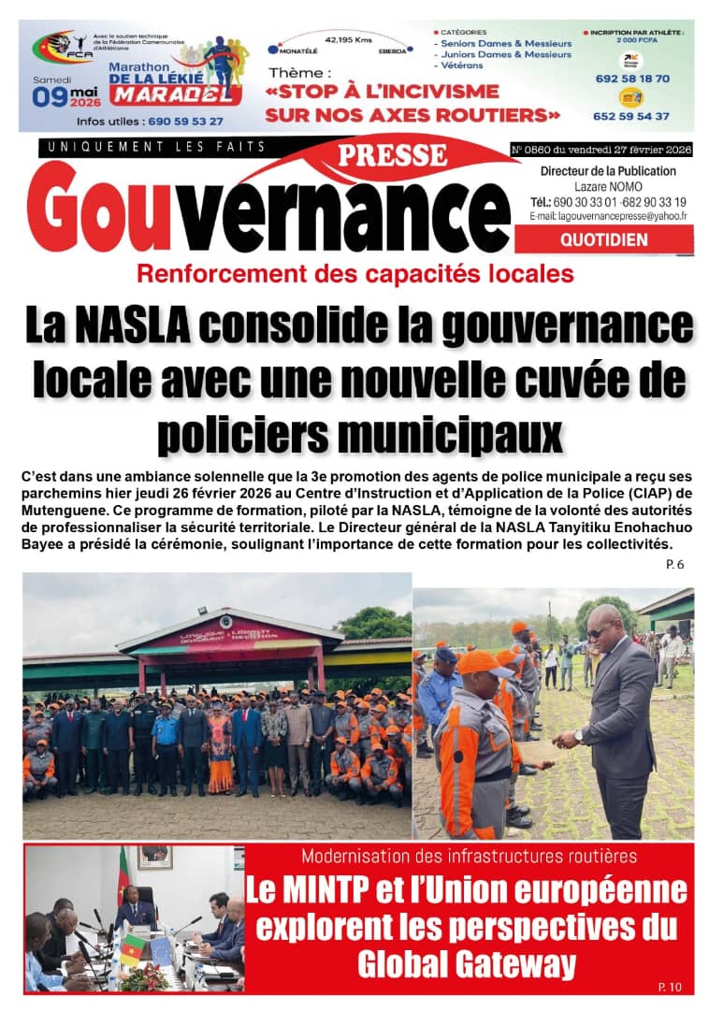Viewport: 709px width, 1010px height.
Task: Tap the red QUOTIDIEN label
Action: (603, 240)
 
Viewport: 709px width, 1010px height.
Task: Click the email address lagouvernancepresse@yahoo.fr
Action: (608, 216)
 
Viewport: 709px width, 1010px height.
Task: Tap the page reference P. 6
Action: (675, 565)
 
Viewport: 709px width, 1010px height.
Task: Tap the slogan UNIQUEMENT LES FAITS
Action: (155, 147)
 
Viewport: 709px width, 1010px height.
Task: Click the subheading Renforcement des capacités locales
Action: (354, 274)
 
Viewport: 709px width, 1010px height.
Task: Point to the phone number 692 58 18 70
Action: (632, 79)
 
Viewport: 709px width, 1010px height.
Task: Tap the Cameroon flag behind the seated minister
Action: (123, 874)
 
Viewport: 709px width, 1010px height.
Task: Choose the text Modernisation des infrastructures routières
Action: (469, 856)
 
